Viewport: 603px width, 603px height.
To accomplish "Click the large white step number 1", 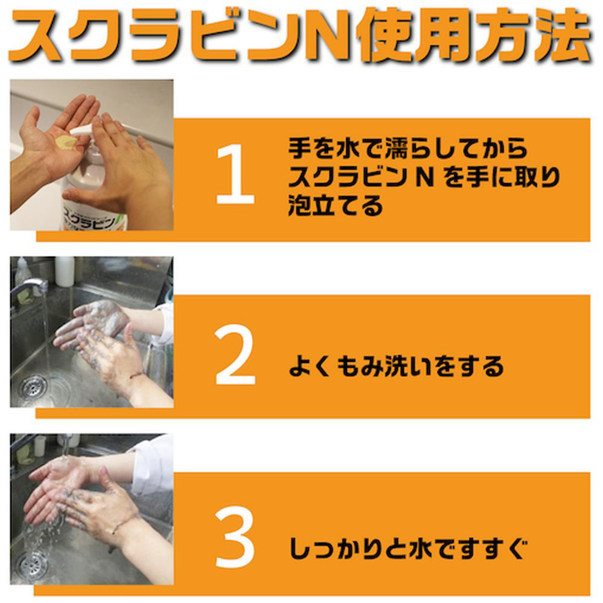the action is (x=235, y=174).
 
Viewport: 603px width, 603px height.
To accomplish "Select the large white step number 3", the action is (x=235, y=537).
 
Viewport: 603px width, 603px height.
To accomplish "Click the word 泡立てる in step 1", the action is (x=336, y=206).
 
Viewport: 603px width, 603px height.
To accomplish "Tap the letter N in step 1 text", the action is (x=425, y=177).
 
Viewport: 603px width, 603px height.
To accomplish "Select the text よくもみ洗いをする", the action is (x=396, y=366).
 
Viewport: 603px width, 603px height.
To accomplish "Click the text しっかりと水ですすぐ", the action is (x=408, y=548).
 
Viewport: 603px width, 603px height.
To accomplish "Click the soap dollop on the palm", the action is (x=66, y=142).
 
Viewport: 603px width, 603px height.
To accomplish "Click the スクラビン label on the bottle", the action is (x=89, y=218).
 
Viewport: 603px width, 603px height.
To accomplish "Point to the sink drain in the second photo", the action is (x=34, y=387).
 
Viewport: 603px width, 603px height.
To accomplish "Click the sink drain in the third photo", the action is (x=33, y=564).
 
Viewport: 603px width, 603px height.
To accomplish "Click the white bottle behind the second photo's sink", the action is (x=65, y=271).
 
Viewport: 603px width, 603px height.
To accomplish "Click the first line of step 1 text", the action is (x=408, y=148).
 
